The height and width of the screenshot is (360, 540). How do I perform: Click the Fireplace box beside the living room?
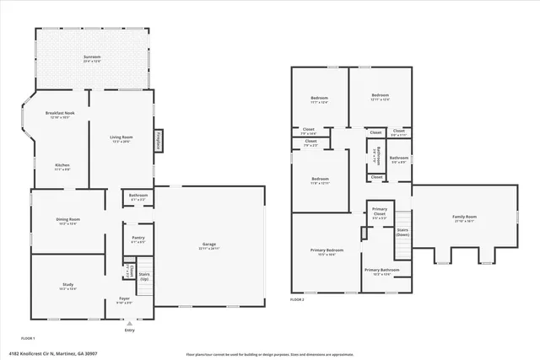(x=158, y=142)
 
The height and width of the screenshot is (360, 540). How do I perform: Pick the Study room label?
(x=67, y=285)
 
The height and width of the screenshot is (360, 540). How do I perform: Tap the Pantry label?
(x=138, y=238)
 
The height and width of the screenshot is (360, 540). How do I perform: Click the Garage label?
(x=209, y=245)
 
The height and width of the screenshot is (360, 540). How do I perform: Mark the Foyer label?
(x=124, y=299)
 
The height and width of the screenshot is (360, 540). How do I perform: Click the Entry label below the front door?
(x=129, y=330)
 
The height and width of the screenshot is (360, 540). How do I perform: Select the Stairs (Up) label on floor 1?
(x=144, y=276)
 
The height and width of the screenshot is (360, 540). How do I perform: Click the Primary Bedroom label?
(x=324, y=250)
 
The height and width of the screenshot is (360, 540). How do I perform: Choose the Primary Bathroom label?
(x=382, y=271)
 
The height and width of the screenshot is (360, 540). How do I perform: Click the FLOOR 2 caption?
(x=297, y=299)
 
